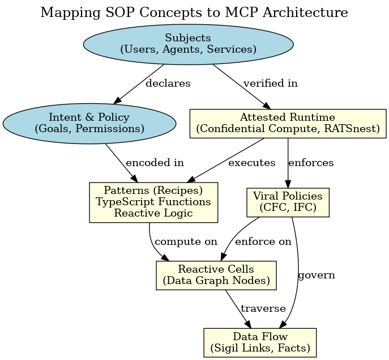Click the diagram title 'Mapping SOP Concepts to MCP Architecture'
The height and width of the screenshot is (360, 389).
point(194,12)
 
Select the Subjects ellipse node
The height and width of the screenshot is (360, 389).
point(188,44)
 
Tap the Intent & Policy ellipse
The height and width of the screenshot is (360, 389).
point(89,123)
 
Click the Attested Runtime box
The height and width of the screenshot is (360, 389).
point(288,123)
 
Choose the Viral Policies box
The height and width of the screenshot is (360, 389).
point(288,202)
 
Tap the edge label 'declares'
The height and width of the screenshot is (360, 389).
point(168,83)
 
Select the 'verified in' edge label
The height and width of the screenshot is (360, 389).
point(270,83)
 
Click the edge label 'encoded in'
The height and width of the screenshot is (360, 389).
point(155,163)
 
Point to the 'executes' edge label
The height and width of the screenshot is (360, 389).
point(251,163)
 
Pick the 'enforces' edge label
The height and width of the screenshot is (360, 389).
point(311,163)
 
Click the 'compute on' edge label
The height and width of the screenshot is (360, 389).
point(186,242)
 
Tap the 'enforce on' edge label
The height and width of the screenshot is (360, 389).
point(263,242)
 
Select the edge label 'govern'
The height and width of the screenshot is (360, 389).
point(316,276)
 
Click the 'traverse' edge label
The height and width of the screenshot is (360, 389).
point(263,308)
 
